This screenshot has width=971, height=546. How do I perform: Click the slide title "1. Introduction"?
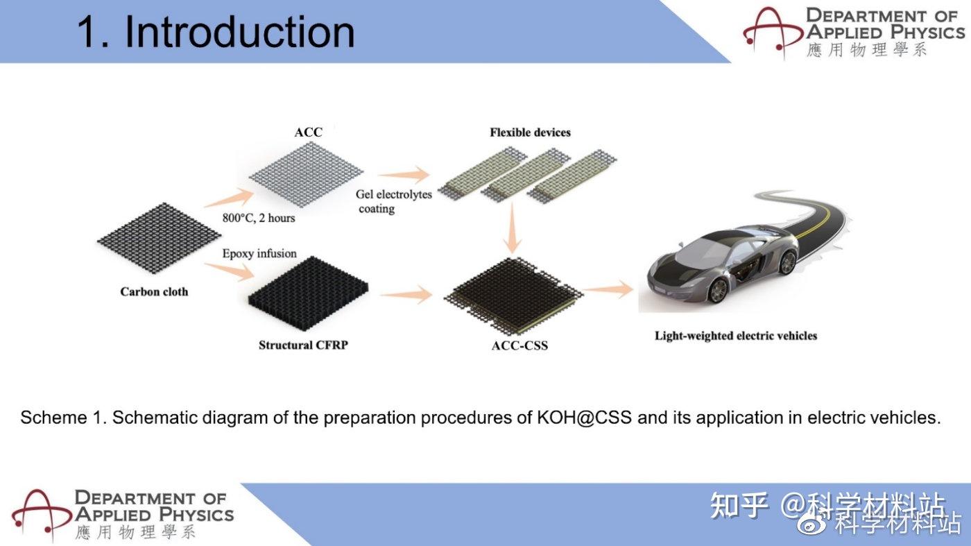point(216,32)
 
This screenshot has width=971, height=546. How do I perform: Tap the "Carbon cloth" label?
point(154,292)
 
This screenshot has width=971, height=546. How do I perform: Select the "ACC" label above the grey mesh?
point(308,133)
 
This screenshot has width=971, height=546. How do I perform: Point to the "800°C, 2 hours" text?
point(259,218)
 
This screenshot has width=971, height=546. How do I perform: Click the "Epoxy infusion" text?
point(259,254)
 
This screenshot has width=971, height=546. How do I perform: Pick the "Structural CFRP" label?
point(304,345)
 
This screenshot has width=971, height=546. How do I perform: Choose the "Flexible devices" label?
point(530,133)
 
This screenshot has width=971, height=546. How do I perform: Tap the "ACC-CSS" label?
point(519,345)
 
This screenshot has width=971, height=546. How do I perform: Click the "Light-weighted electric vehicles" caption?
point(736,336)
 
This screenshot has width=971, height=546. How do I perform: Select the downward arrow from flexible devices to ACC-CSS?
point(513,228)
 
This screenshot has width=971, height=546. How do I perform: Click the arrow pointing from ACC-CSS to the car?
point(608,289)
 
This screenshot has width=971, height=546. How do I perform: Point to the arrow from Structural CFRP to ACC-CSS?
point(406,294)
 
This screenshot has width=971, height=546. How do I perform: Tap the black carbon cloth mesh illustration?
point(159,238)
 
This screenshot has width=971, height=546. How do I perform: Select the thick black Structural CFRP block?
point(308,288)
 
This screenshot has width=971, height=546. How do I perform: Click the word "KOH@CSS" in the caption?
point(584,418)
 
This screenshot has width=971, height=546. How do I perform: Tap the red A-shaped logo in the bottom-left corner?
point(42,515)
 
